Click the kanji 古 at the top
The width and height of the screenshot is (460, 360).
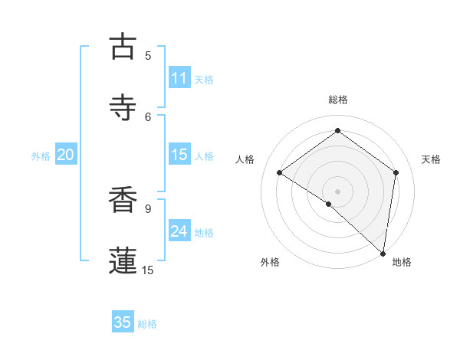(123, 46)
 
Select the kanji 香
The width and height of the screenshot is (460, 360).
(123, 201)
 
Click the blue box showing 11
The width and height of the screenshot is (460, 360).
(179, 78)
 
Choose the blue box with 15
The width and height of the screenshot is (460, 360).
(179, 155)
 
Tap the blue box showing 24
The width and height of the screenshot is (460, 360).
(179, 231)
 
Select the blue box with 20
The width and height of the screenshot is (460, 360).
(66, 155)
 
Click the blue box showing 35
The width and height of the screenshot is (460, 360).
(123, 322)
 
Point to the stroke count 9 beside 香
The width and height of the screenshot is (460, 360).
(148, 208)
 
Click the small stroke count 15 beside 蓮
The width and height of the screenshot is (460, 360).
(148, 270)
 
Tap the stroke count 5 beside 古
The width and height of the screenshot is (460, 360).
(148, 55)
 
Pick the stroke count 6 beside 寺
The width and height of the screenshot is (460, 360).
(148, 116)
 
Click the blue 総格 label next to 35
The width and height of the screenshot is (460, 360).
(147, 324)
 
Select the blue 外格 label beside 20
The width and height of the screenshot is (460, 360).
(41, 156)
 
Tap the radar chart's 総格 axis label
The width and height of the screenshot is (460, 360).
(338, 100)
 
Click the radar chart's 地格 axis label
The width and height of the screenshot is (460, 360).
(402, 263)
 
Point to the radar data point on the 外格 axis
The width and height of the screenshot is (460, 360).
(329, 204)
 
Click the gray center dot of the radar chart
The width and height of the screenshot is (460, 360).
(338, 191)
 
